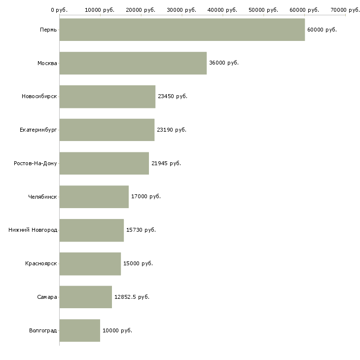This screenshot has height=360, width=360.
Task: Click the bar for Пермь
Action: (182, 30)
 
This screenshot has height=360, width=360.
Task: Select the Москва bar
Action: (133, 63)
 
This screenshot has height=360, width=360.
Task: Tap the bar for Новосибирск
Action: (108, 97)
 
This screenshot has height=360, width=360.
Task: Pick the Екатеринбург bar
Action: (107, 130)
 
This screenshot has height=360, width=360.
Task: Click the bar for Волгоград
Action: (80, 330)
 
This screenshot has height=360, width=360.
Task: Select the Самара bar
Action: (86, 297)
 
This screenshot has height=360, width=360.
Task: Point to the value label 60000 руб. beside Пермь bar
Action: (322, 30)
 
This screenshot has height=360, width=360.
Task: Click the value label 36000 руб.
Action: (224, 63)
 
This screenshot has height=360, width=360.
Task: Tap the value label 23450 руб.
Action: (173, 97)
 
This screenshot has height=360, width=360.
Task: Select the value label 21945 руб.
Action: (166, 163)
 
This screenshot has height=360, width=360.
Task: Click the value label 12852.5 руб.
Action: (132, 297)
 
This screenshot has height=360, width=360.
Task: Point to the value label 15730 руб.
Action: (141, 230)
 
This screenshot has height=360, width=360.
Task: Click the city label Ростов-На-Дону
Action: (36, 163)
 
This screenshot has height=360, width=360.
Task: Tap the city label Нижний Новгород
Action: (33, 230)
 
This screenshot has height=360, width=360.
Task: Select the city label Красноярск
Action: (41, 263)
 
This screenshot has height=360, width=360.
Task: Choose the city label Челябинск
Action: (42, 197)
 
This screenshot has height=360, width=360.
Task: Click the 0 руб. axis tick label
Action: (59, 10)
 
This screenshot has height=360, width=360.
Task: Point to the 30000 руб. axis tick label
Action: (181, 10)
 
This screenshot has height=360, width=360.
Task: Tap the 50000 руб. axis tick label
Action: (263, 10)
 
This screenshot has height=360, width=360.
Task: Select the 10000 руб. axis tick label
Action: (100, 10)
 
